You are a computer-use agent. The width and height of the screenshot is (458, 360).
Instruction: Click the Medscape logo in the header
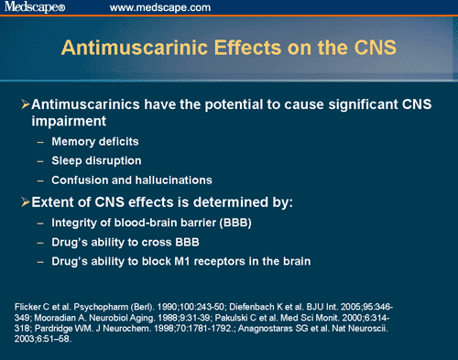pos(35,8)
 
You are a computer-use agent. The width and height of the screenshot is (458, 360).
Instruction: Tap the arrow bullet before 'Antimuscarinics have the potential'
pos(26,108)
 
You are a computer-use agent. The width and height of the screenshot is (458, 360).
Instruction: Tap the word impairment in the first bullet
pos(71,125)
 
